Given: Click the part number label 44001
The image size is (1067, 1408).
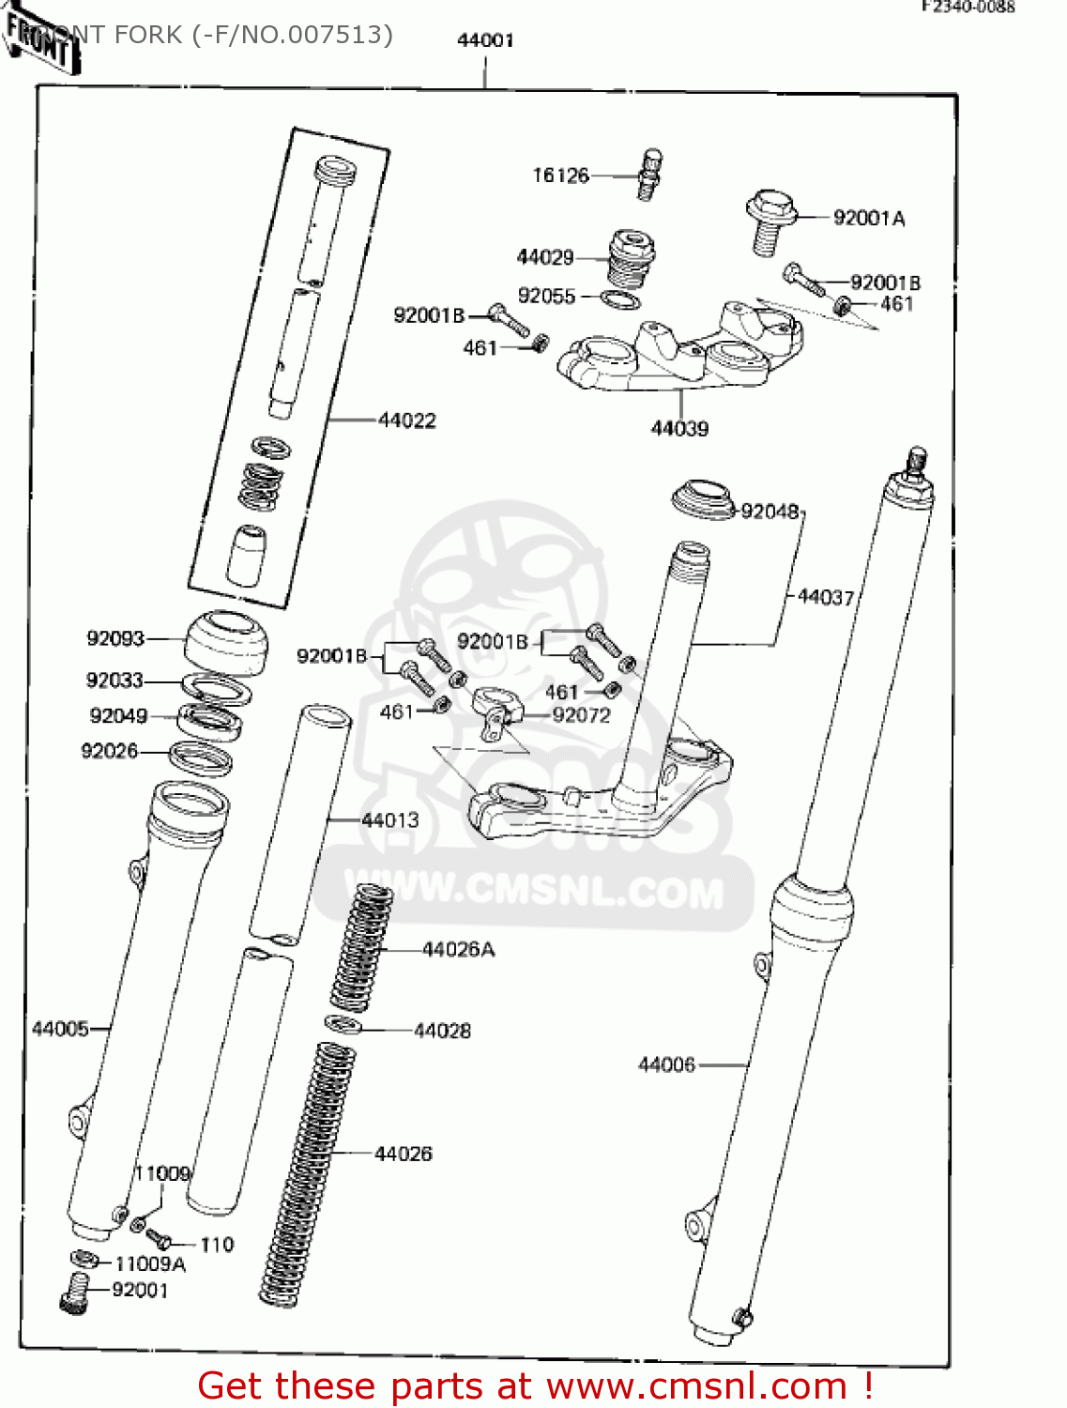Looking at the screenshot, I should click(x=485, y=40).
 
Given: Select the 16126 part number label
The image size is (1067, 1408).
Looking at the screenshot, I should click(x=560, y=176).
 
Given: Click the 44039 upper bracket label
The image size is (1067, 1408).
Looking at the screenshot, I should click(x=679, y=429).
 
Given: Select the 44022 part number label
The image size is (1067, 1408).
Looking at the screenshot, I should click(x=407, y=421).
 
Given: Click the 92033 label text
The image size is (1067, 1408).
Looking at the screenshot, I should click(x=114, y=681).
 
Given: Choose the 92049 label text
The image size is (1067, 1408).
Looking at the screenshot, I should click(x=118, y=716).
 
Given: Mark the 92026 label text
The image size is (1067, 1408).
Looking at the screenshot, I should click(x=110, y=751).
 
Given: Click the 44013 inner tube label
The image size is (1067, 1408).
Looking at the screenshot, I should click(x=390, y=820).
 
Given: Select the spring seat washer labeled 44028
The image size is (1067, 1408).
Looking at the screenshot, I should click(x=343, y=1024).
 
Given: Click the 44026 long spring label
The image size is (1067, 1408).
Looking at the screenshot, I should click(x=404, y=1154).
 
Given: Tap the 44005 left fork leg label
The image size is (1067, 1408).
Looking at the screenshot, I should click(x=60, y=1029).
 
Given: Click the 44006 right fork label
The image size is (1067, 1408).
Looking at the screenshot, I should click(x=666, y=1064).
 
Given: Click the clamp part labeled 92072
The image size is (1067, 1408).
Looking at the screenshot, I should click(x=495, y=709).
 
